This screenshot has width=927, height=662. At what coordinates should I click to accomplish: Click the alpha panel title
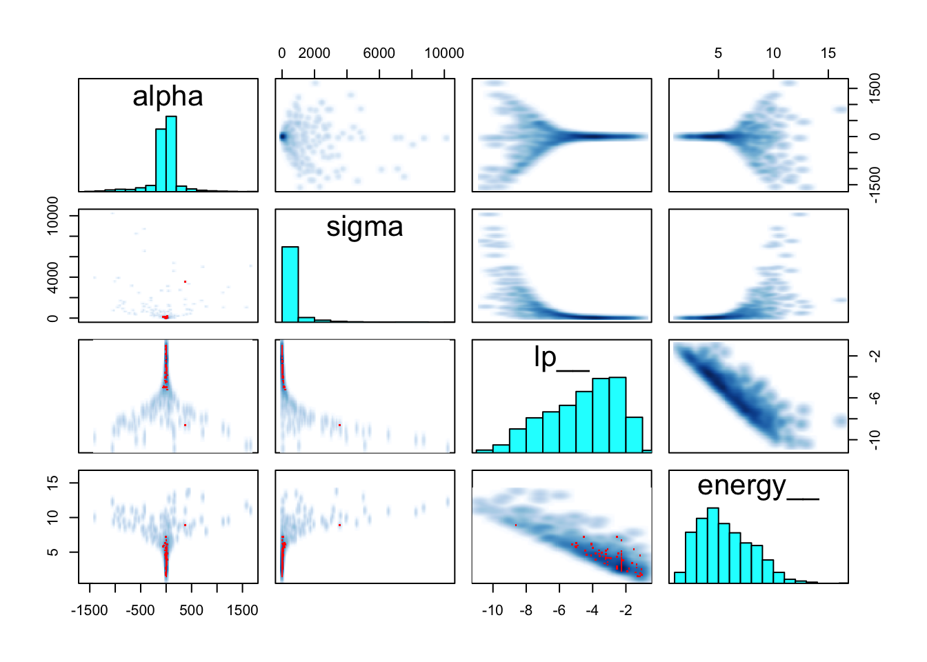[168, 97]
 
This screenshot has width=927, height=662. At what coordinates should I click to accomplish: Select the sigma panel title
[364, 227]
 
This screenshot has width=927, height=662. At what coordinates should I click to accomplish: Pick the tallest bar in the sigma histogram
[290, 283]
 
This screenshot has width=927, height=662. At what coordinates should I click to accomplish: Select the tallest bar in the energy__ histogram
[713, 545]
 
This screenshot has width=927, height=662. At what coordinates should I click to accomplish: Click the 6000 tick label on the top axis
[379, 53]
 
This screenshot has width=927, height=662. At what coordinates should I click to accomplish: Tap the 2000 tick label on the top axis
[314, 53]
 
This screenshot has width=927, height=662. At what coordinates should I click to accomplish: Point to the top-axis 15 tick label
[828, 53]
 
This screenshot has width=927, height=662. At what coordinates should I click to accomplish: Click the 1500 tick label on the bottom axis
[242, 610]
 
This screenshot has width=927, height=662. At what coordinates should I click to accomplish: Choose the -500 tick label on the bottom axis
[140, 610]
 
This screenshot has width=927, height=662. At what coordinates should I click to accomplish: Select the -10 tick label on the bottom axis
[492, 610]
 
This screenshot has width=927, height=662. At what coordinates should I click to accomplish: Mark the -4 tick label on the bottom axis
[592, 610]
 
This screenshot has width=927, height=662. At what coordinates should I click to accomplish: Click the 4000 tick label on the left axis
[53, 277]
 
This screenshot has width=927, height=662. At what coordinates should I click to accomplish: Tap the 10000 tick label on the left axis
[53, 216]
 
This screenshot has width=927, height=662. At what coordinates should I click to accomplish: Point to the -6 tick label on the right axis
[875, 397]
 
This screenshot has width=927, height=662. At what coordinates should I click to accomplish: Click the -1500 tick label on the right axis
[875, 185]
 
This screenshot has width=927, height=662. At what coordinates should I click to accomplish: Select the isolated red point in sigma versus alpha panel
[186, 281]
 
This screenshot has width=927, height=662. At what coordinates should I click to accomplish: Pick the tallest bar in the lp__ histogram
[617, 414]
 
